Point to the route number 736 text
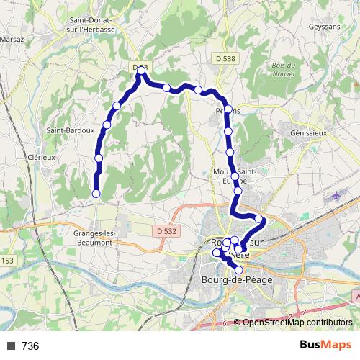click(x=30, y=346)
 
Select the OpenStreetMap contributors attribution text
click(x=297, y=323)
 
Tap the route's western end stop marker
click(x=96, y=193)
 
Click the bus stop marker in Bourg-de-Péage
click(x=239, y=269)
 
